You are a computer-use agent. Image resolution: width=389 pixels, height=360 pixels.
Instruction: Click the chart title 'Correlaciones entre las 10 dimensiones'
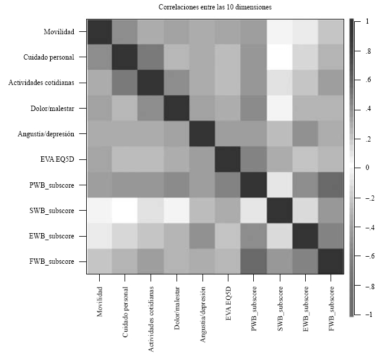tap(214, 7)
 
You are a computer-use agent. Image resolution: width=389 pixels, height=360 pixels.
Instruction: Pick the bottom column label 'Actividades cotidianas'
tap(152, 318)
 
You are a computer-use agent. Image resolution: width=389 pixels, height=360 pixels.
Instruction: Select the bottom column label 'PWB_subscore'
tap(254, 309)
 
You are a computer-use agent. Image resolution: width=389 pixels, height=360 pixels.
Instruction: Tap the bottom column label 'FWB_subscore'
tap(331, 309)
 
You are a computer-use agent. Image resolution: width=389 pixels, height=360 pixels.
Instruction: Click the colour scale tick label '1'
tap(367, 21)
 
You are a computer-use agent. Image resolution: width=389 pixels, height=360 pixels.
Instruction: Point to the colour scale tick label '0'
tap(367, 168)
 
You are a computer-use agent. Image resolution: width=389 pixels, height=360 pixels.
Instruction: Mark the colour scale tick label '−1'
tap(365, 315)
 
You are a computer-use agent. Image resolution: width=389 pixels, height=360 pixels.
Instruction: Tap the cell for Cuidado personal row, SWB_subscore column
tap(280, 57)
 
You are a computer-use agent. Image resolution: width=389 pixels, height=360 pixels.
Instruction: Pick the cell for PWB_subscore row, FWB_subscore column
tap(331, 185)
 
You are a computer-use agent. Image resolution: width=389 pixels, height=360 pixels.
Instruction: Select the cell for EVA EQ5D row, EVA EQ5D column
tap(228, 159)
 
